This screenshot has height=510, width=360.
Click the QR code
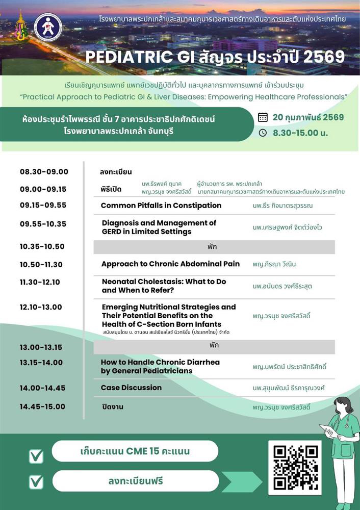pyautogui.click(x=296, y=467)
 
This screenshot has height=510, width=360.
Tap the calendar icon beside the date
pyautogui.click(x=263, y=117)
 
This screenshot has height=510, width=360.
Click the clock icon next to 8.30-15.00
pyautogui.click(x=263, y=133)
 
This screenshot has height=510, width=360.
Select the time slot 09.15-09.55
pyautogui.click(x=44, y=206)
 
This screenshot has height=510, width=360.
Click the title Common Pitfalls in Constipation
pyautogui.click(x=161, y=206)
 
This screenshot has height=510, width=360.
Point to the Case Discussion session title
pyautogui.click(x=131, y=388)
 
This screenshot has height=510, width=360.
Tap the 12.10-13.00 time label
pyautogui.click(x=41, y=307)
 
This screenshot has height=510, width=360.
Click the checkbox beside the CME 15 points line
pyautogui.click(x=36, y=456)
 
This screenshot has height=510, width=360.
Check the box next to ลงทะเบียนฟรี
pyautogui.click(x=36, y=481)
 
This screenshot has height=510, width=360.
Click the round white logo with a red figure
pyautogui.click(x=48, y=28)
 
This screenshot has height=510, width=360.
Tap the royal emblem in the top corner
pyautogui.click(x=20, y=28)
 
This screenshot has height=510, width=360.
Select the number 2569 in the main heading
pyautogui.click(x=324, y=56)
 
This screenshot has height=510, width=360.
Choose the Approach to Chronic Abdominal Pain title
pyautogui.click(x=170, y=264)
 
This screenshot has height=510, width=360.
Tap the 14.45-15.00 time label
pyautogui.click(x=43, y=406)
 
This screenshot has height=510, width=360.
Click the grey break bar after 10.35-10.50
pyautogui.click(x=214, y=247)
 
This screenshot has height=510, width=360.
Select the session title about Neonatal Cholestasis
pyautogui.click(x=164, y=286)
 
